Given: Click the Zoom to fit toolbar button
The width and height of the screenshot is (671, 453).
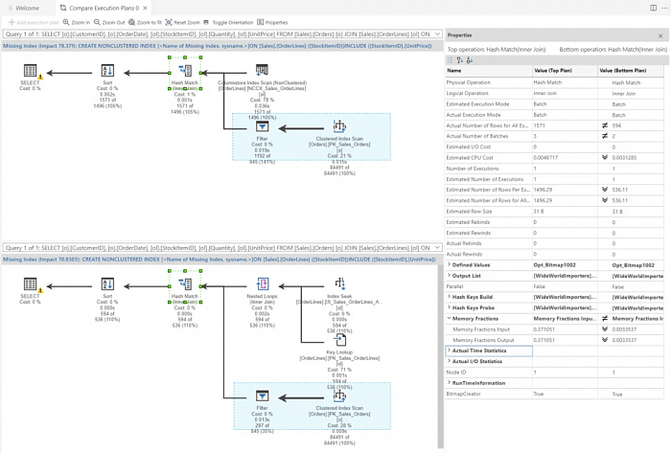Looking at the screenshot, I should pyautogui.click(x=145, y=22).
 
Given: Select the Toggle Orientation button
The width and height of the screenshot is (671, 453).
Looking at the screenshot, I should pyautogui.click(x=230, y=22).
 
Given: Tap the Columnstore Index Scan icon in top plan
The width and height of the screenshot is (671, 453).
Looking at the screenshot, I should pyautogui.click(x=262, y=71).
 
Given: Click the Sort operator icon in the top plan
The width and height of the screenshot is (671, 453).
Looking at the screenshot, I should pyautogui.click(x=107, y=71).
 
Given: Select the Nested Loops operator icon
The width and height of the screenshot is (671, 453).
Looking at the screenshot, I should pyautogui.click(x=262, y=284).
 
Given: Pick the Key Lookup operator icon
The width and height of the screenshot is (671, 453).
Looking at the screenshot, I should pyautogui.click(x=339, y=340).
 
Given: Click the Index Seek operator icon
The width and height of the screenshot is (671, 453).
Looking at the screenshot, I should pyautogui.click(x=339, y=284).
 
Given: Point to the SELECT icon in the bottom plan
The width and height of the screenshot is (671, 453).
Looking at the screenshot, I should pyautogui.click(x=30, y=284).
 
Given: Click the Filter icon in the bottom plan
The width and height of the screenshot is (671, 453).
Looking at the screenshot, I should pyautogui.click(x=262, y=395).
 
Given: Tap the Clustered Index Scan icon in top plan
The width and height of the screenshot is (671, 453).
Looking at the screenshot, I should pyautogui.click(x=339, y=126).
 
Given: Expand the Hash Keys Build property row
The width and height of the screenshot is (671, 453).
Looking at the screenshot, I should pyautogui.click(x=450, y=296).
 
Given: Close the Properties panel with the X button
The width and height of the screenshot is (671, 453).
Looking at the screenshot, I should pyautogui.click(x=660, y=35).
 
